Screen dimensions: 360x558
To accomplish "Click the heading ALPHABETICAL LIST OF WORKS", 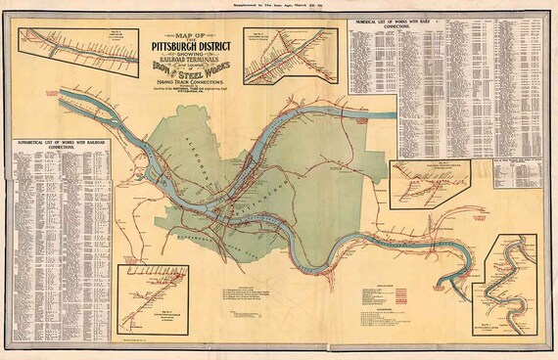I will tap(62, 143).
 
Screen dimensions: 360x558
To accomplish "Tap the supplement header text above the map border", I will tap(278, 7).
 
